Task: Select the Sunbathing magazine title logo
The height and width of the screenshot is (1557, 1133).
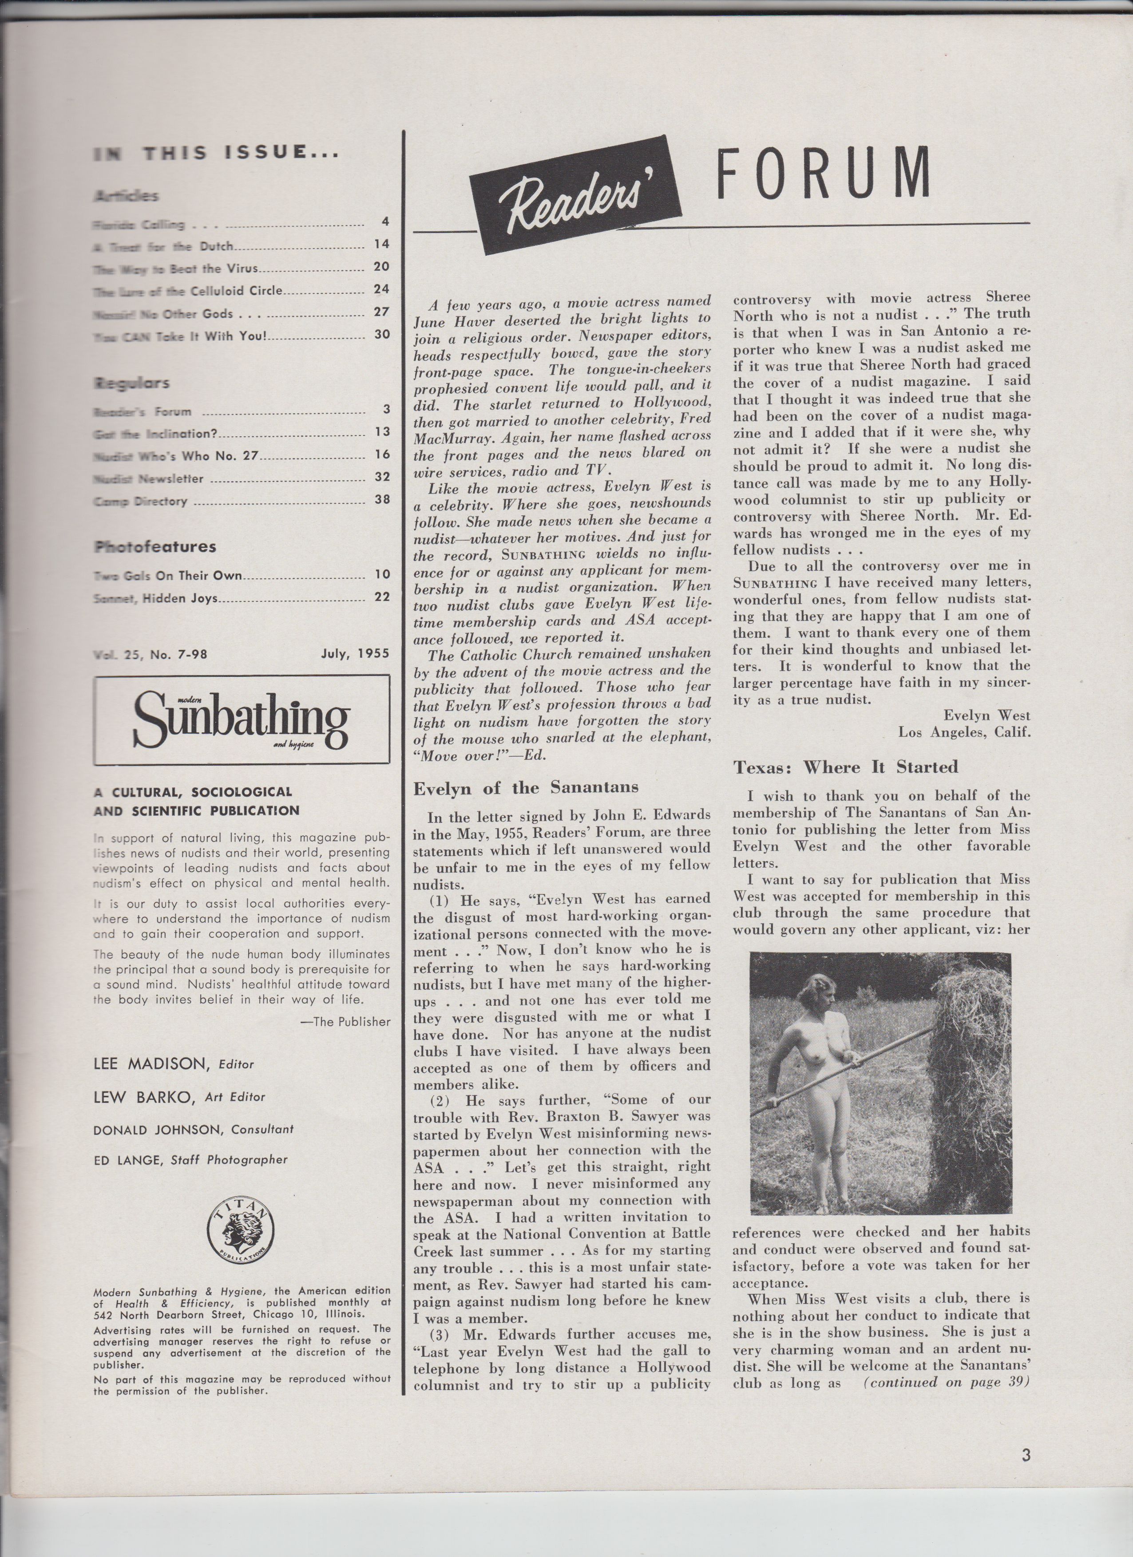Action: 242,718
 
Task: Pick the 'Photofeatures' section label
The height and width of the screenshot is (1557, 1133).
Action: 155,546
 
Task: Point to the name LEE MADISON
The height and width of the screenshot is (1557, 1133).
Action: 151,1064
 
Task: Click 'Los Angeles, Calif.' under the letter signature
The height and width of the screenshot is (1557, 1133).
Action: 964,732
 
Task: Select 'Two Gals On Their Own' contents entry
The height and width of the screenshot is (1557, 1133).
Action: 168,575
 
